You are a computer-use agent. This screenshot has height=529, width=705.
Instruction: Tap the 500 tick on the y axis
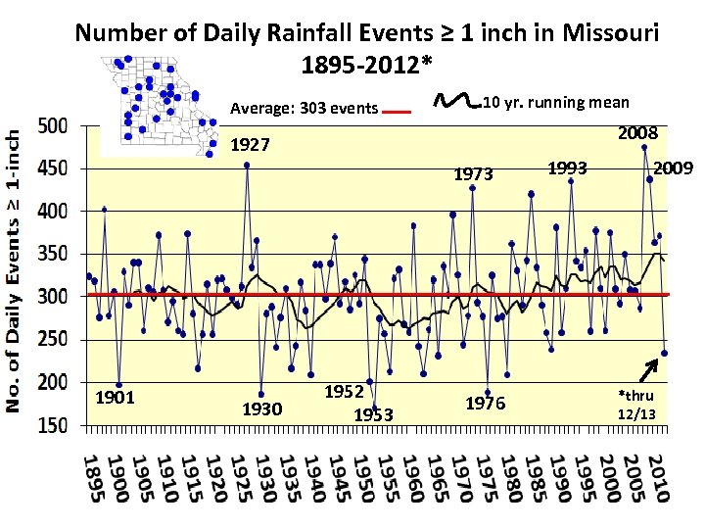coord(52,126)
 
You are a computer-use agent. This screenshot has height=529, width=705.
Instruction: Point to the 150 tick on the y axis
coord(52,426)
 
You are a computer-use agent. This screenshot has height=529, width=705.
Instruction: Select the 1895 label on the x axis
coord(92,479)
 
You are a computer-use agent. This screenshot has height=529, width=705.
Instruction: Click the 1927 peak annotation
coord(249,146)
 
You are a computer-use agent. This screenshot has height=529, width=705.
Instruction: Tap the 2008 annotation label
coord(636,132)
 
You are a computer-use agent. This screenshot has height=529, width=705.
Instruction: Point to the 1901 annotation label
coord(115,398)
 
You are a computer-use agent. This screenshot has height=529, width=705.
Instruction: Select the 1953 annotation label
coord(372,415)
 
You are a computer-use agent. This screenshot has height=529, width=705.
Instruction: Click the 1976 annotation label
coord(485,403)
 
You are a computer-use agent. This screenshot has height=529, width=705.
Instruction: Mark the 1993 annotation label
coord(567,168)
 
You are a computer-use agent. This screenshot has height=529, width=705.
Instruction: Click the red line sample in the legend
coord(396,113)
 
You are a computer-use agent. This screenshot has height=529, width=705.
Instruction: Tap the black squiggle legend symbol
coord(456,100)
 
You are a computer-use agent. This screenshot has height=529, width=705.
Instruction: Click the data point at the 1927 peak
coord(247,166)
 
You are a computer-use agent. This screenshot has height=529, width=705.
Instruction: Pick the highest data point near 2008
coord(644,148)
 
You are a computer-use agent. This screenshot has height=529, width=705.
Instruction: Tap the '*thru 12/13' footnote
coord(636,405)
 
